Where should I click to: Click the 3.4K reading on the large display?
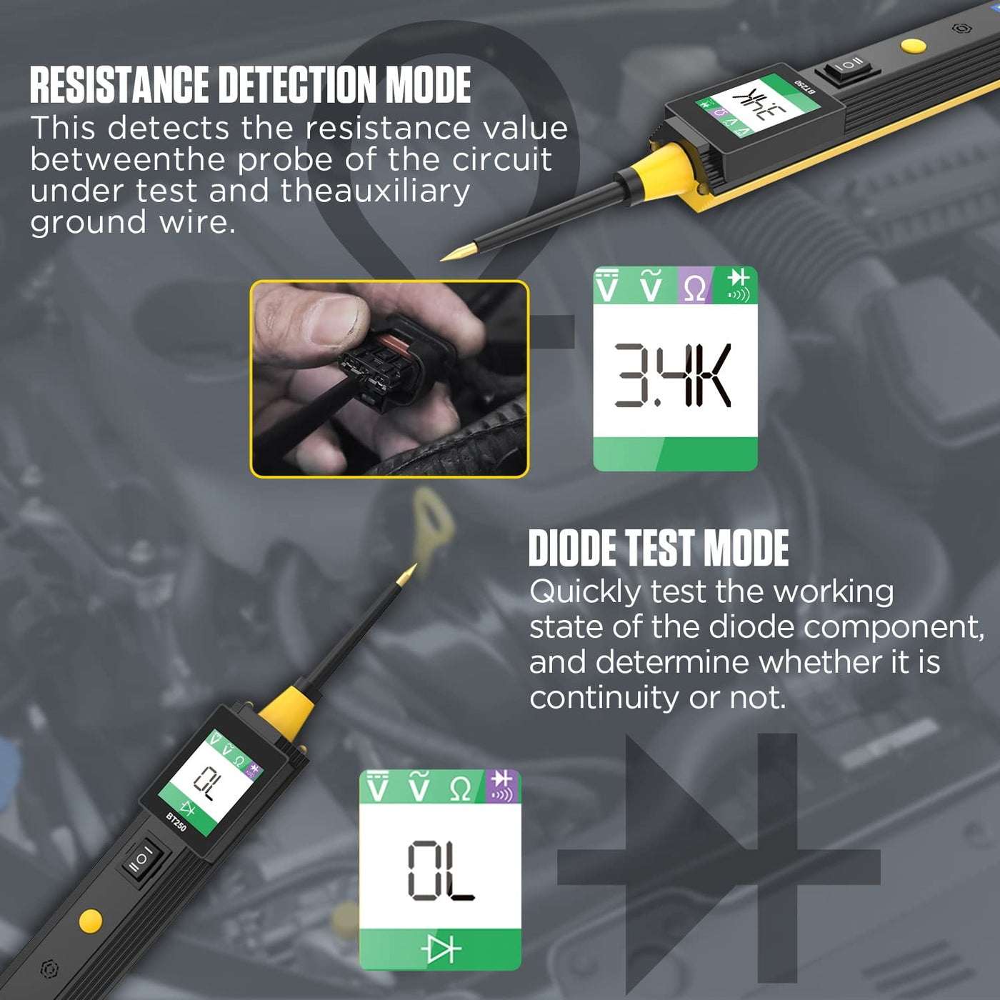(x=673, y=375)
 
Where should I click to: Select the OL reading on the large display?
(x=441, y=871)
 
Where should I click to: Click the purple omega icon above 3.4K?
(x=695, y=286)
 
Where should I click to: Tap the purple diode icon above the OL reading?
(x=502, y=786)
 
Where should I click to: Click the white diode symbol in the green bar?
(x=441, y=949)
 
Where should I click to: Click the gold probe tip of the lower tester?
(x=406, y=574)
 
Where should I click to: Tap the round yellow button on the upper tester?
(x=913, y=46)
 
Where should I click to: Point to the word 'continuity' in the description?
(x=604, y=697)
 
